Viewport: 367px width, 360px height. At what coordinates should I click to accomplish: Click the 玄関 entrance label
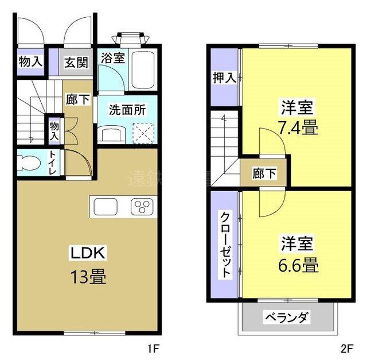pyautogui.click(x=72, y=62)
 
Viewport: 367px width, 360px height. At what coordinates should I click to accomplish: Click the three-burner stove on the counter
pyautogui.click(x=142, y=207)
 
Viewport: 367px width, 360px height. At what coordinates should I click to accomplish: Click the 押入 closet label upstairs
pyautogui.click(x=224, y=78)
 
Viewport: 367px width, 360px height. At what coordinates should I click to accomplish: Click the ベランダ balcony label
pyautogui.click(x=287, y=317)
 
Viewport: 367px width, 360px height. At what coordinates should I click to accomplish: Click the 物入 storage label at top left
pyautogui.click(x=30, y=62)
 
